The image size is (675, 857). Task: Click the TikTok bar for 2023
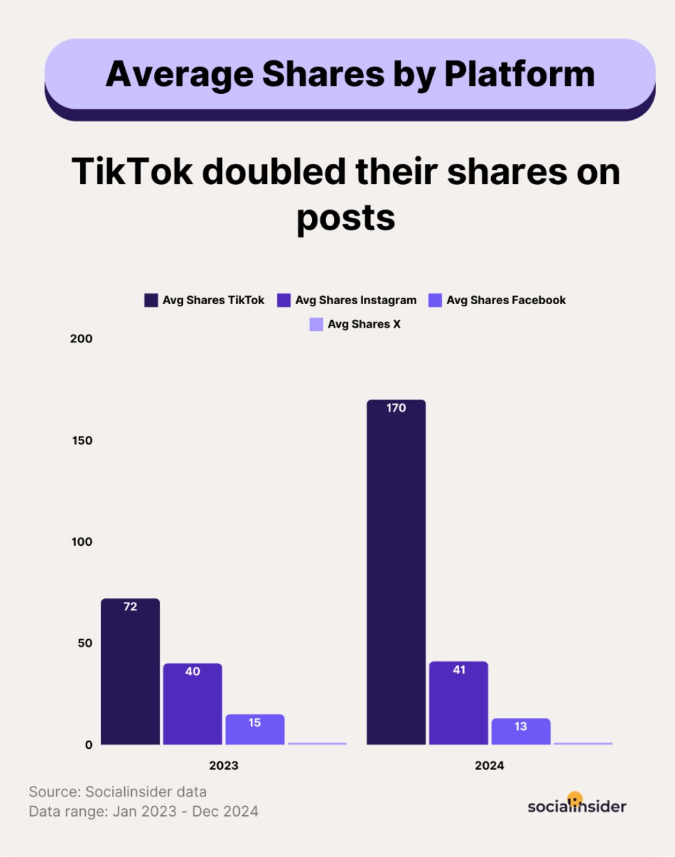(130, 672)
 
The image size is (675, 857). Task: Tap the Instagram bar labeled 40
(192, 704)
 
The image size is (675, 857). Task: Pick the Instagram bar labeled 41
(459, 703)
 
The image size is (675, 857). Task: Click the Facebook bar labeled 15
(254, 730)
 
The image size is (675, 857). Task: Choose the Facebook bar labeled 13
(521, 732)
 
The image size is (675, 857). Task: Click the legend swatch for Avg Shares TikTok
(151, 300)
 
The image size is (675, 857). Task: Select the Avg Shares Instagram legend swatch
(283, 300)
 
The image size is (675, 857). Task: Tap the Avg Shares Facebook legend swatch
(435, 300)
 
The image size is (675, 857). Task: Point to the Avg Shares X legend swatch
(316, 324)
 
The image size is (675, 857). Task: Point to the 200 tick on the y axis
(81, 339)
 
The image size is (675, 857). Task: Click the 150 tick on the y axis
(82, 440)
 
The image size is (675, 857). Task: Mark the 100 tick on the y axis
(82, 542)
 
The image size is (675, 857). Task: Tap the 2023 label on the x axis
(223, 765)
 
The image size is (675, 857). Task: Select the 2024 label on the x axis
(489, 765)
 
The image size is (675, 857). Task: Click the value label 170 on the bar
(396, 408)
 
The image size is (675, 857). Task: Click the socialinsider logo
(576, 805)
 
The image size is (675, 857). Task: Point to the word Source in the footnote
(54, 792)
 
